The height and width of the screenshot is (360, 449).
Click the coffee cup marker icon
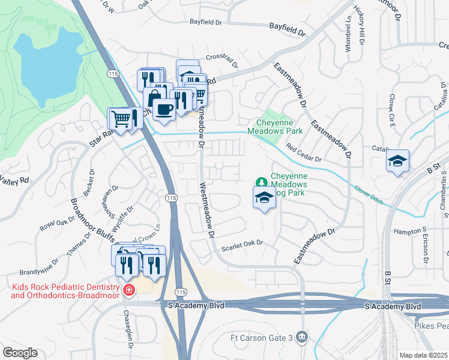click(x=164, y=110)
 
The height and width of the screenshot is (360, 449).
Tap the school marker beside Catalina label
click(x=397, y=161)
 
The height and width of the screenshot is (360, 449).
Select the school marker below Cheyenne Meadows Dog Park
click(x=264, y=199)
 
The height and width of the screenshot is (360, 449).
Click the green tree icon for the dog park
click(x=261, y=181)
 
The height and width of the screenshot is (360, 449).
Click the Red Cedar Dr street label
click(x=304, y=154)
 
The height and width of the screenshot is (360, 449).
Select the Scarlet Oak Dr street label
click(x=243, y=243)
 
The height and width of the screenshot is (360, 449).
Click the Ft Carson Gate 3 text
click(x=262, y=337)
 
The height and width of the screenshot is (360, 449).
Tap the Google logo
click(x=20, y=353)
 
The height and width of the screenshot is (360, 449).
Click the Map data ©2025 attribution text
click(x=424, y=355)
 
